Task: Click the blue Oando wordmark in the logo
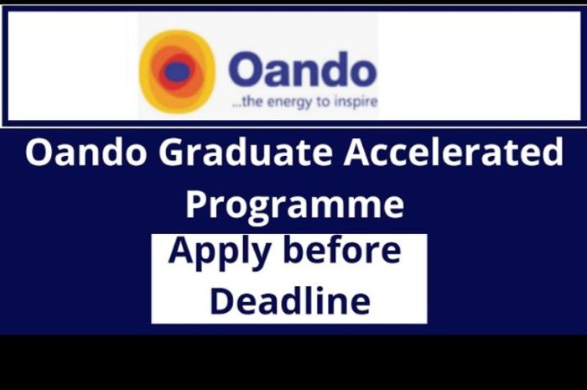(303, 70)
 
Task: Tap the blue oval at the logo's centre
(173, 70)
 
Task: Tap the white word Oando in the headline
(86, 153)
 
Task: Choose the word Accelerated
(454, 152)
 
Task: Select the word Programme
(295, 205)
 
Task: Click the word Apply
(220, 252)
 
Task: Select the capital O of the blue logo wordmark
(247, 70)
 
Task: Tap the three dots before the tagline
(236, 105)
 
